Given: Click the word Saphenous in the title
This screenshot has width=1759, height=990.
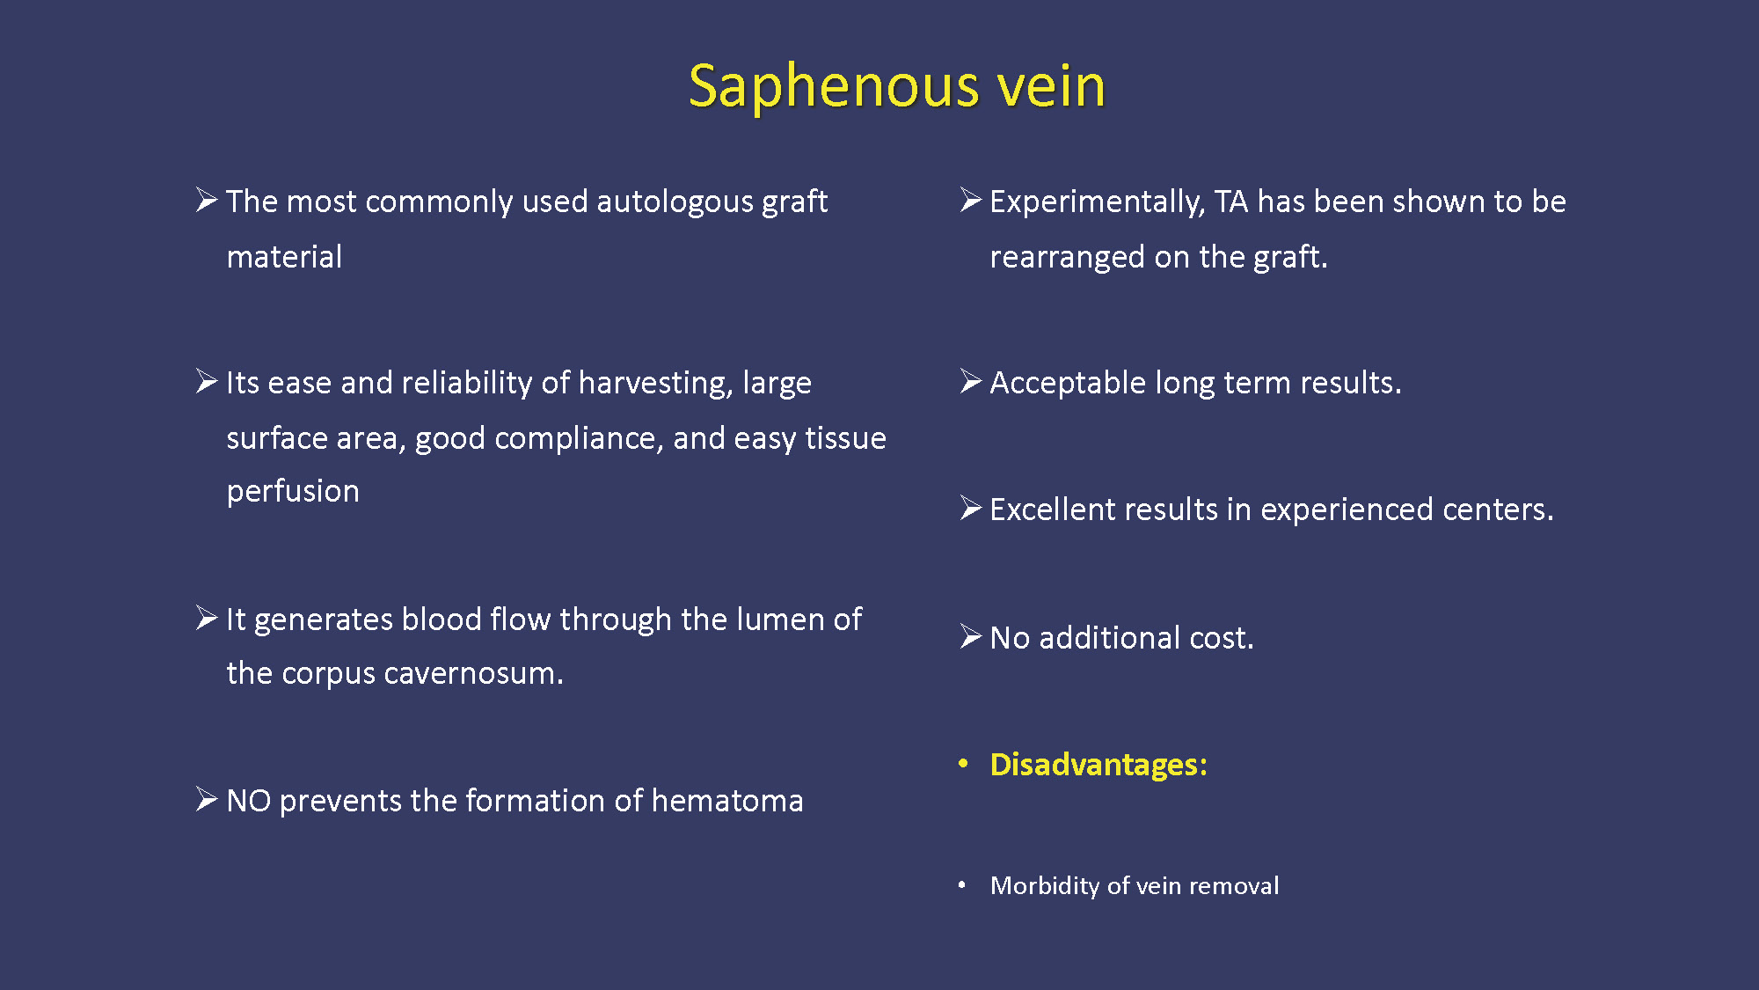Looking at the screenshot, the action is point(834,88).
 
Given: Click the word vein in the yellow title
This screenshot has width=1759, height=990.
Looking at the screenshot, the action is point(1051,86).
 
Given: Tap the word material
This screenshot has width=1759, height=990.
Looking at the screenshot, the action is point(284,257).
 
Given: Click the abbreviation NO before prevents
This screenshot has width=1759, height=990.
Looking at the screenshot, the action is point(248,801).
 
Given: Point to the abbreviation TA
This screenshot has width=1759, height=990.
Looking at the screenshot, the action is point(1231,202).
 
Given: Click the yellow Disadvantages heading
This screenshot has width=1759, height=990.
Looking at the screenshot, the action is point(1098,765).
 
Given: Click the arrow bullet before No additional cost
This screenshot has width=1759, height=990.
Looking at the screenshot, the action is point(970,636).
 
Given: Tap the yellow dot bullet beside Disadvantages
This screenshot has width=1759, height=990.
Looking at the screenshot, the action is point(963,764).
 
